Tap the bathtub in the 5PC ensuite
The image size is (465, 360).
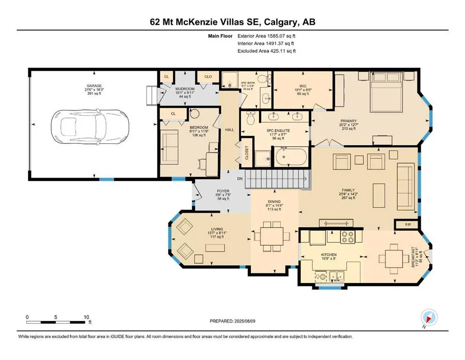pyautogui.click(x=291, y=157)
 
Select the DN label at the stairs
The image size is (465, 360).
pyautogui.click(x=240, y=179)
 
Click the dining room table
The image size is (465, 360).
pyautogui.click(x=272, y=240)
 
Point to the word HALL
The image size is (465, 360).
pyautogui.click(x=229, y=130)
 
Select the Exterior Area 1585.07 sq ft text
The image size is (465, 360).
pyautogui.click(x=266, y=36)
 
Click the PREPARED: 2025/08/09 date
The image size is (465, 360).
pyautogui.click(x=232, y=321)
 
